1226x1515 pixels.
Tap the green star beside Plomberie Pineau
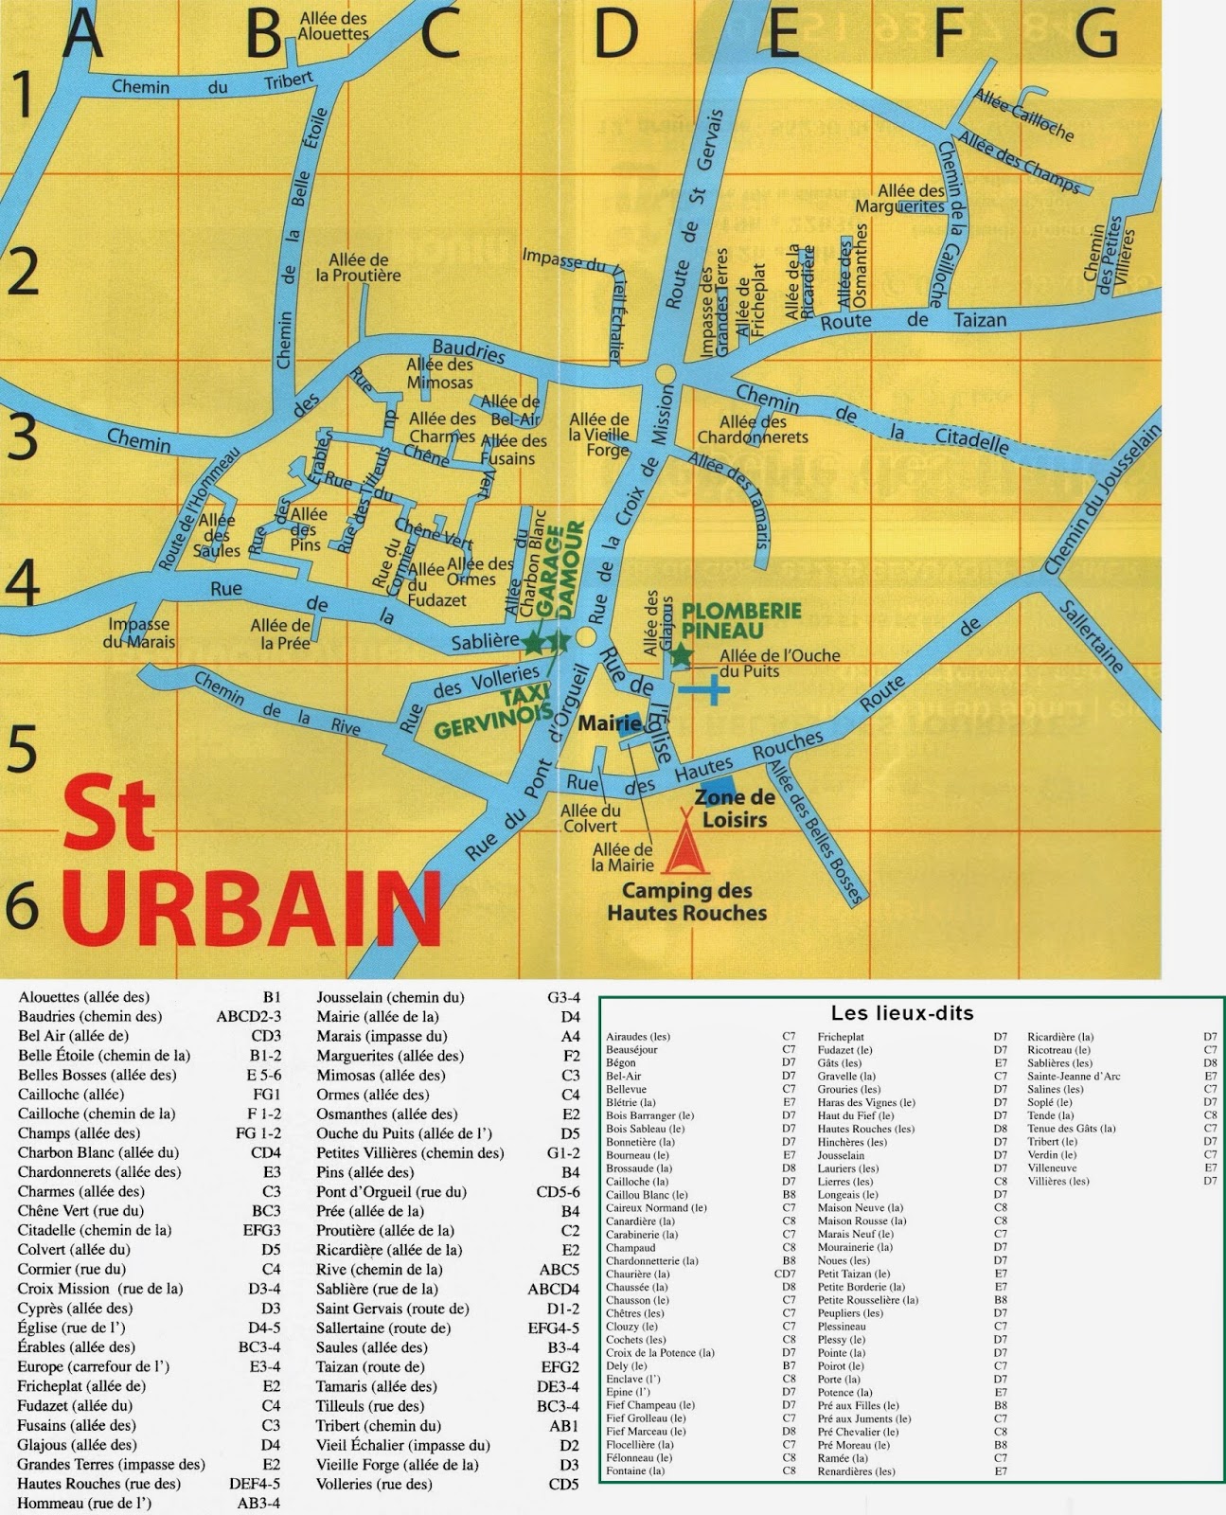click(681, 654)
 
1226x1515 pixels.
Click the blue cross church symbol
click(705, 690)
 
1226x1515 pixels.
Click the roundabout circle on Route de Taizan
click(666, 372)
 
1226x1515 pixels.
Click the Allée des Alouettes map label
click(333, 26)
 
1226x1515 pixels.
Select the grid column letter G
click(1096, 35)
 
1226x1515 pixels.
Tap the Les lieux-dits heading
click(901, 1014)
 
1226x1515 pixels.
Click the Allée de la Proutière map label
click(358, 267)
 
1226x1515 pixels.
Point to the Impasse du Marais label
click(139, 633)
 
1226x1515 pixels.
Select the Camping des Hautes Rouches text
click(686, 901)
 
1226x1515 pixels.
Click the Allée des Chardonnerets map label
click(753, 429)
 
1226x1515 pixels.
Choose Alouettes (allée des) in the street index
click(83, 997)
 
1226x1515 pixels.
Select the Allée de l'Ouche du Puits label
click(778, 663)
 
